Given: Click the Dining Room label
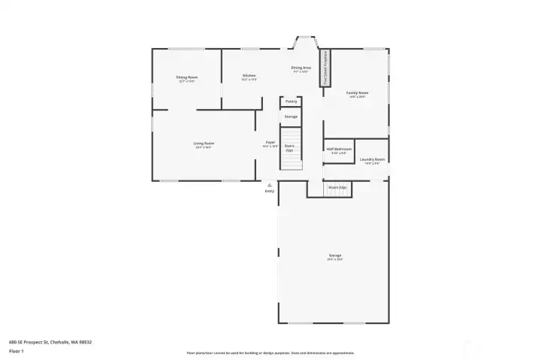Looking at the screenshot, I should click(x=187, y=77).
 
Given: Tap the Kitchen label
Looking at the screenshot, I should click(x=249, y=76).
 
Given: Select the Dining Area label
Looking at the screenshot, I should click(x=301, y=68).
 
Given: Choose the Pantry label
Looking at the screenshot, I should click(x=291, y=101).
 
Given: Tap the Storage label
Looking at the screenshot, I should click(x=291, y=116).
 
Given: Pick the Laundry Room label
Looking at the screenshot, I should click(x=372, y=159).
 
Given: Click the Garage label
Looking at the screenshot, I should click(x=334, y=256).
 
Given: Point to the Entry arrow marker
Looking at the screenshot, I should click(x=269, y=184).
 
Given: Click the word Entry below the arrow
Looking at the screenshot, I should click(x=269, y=191).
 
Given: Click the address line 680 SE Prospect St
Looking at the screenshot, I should click(x=50, y=342).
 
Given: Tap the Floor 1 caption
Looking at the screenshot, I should click(x=16, y=351).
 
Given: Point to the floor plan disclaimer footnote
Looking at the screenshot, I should click(x=270, y=352).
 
